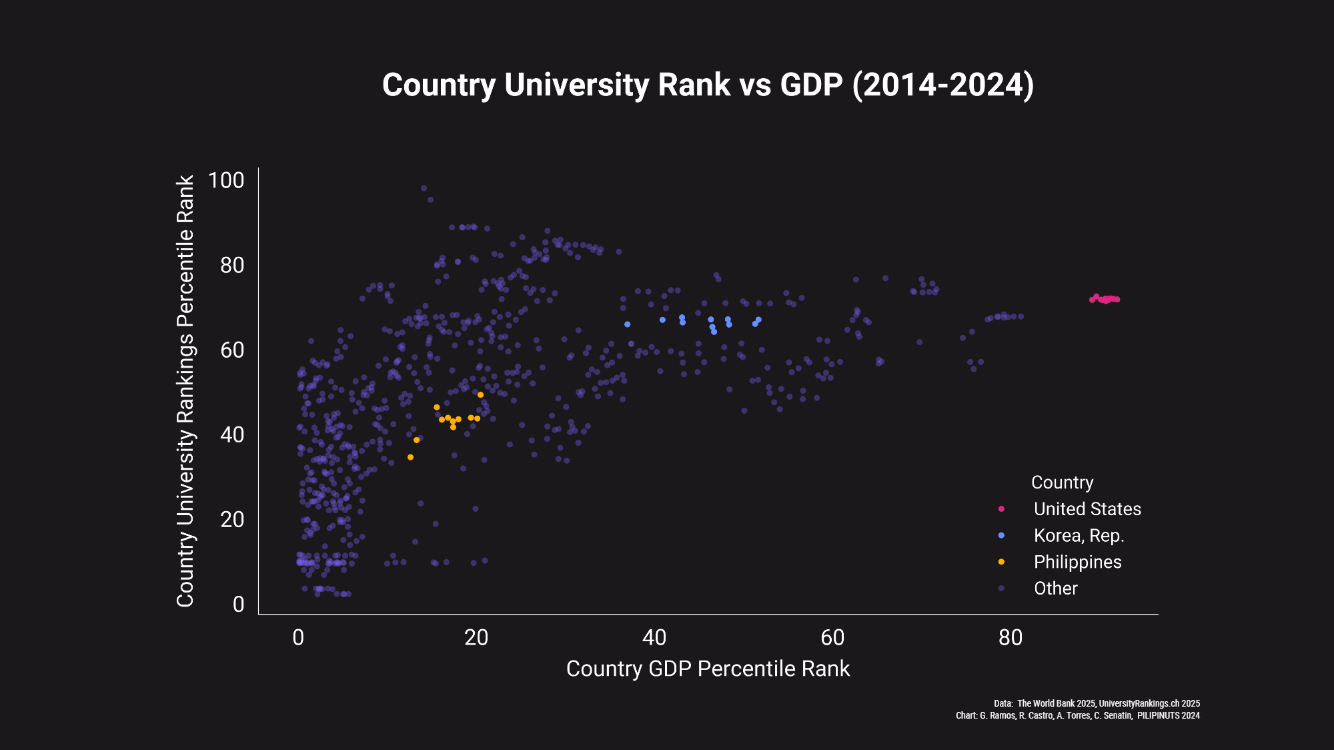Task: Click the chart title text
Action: pyautogui.click(x=708, y=85)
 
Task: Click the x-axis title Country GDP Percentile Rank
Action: pyautogui.click(x=708, y=669)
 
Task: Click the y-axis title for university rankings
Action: pyautogui.click(x=185, y=391)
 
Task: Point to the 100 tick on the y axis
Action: pyautogui.click(x=226, y=180)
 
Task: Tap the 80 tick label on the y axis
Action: pyautogui.click(x=232, y=265)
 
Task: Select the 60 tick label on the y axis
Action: pyautogui.click(x=232, y=350)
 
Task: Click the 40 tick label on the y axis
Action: pyautogui.click(x=232, y=434)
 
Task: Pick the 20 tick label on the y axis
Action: pyautogui.click(x=232, y=519)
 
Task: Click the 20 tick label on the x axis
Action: pyautogui.click(x=476, y=638)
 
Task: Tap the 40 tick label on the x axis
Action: pyautogui.click(x=654, y=638)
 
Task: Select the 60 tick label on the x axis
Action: pyautogui.click(x=832, y=638)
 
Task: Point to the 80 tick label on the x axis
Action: pyautogui.click(x=1011, y=638)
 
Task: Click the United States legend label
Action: pyautogui.click(x=1087, y=509)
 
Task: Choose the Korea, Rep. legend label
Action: pyautogui.click(x=1079, y=536)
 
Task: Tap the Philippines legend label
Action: pyautogui.click(x=1077, y=562)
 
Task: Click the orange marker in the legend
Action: pyautogui.click(x=1001, y=562)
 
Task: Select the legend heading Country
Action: pyautogui.click(x=1062, y=482)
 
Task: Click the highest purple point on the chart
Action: pyautogui.click(x=424, y=188)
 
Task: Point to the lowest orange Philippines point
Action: pyautogui.click(x=410, y=457)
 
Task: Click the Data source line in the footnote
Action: pyautogui.click(x=1097, y=703)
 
